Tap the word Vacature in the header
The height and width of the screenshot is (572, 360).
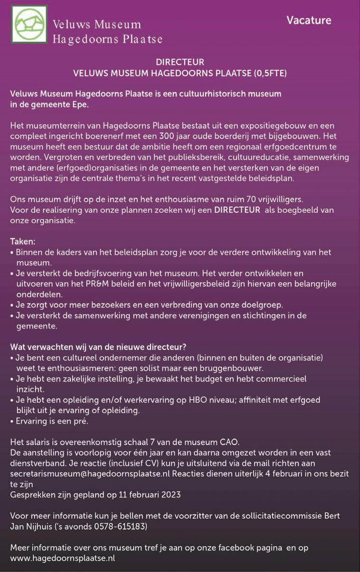coord(309,20)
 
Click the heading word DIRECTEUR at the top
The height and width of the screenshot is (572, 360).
coord(180,62)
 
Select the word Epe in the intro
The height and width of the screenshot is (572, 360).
coord(80,104)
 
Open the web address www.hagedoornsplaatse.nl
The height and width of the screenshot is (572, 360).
coord(63,558)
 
